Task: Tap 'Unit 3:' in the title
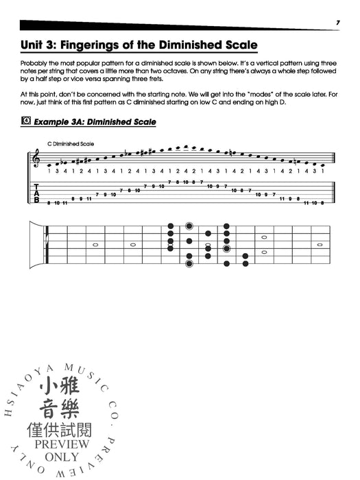(x=40, y=47)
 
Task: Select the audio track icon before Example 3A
(x=27, y=122)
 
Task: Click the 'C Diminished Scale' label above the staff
(x=71, y=143)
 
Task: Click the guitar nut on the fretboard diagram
(x=47, y=245)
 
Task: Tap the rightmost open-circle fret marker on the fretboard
(x=320, y=244)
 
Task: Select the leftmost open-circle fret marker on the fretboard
(x=95, y=244)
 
